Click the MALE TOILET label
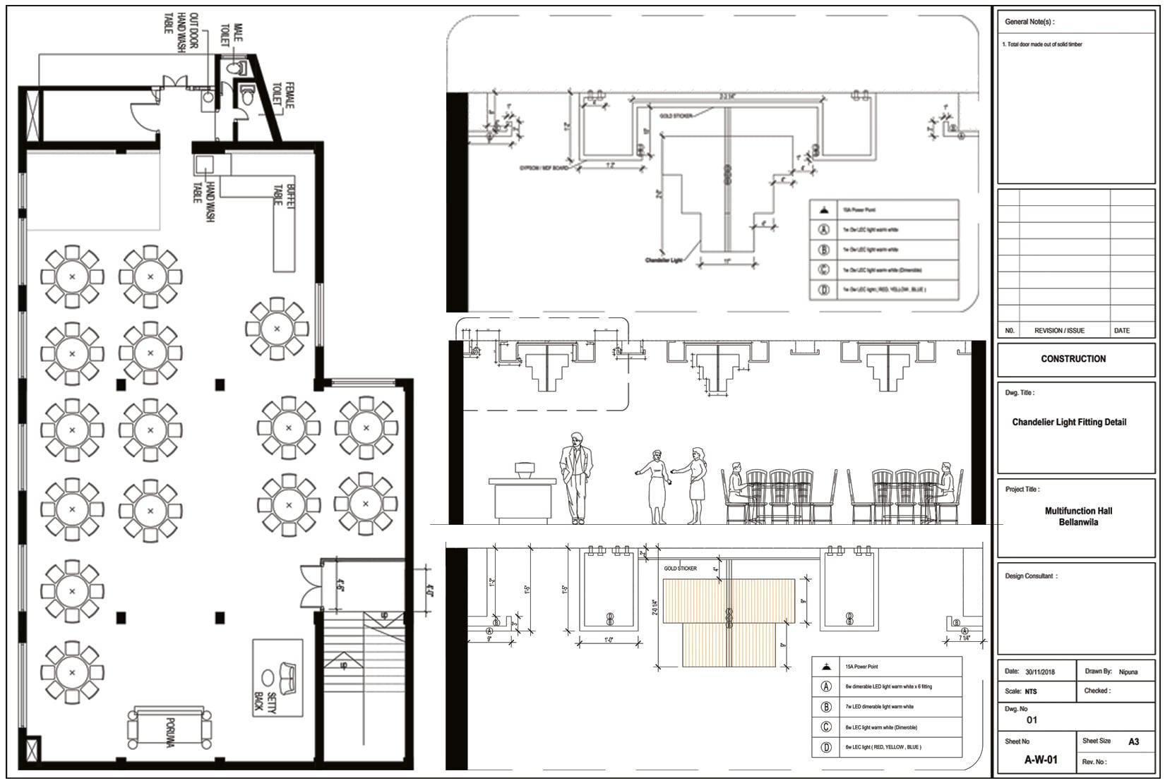coord(231,34)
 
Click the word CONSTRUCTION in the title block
coord(1073,359)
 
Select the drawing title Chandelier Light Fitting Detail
coord(1069,423)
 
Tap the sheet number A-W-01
coord(1041,760)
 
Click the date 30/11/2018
coord(1041,672)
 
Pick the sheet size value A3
coord(1133,741)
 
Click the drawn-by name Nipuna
coord(1128,672)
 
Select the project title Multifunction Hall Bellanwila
coord(1078,516)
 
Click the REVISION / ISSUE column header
coord(1059,331)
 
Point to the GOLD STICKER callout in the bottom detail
coord(680,569)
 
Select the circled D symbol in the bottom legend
coord(825,747)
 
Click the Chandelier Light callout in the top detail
coord(664,260)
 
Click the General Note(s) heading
coord(1029,22)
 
